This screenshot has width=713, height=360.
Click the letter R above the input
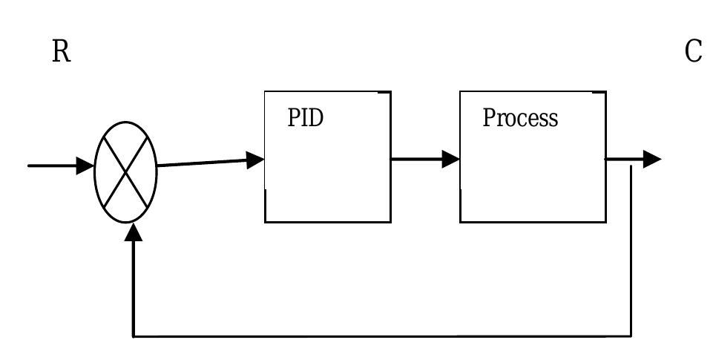61,52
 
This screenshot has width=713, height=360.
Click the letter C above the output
693,52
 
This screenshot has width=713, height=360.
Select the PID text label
306,118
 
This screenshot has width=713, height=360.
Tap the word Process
520,118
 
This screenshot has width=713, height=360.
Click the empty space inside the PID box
327,182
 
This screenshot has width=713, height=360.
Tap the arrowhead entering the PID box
255,160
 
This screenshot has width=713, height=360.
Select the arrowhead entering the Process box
450,159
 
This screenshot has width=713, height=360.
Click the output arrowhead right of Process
651,159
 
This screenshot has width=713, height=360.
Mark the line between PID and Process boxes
415,159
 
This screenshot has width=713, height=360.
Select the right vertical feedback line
631,252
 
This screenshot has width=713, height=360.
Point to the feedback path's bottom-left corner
134,336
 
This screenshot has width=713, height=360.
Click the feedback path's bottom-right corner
631,336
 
